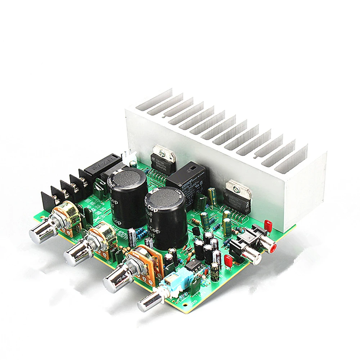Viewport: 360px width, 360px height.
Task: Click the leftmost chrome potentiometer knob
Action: (41, 231)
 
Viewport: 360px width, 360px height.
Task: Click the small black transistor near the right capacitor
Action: (195, 232)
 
